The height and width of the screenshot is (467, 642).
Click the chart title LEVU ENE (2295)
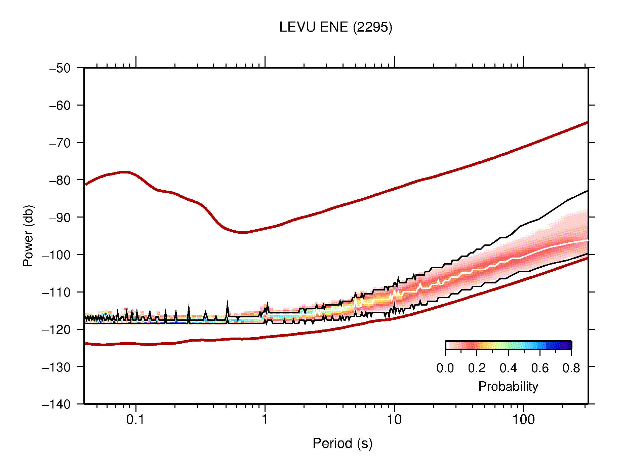click(x=335, y=27)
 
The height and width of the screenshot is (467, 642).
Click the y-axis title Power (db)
click(x=28, y=236)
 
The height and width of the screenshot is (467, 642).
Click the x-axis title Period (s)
click(x=342, y=443)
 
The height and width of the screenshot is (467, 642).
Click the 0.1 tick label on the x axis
click(x=135, y=420)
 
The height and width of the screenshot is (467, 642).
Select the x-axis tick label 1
click(x=265, y=420)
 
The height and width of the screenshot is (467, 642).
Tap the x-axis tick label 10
click(x=394, y=420)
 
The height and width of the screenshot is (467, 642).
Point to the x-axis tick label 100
click(x=523, y=420)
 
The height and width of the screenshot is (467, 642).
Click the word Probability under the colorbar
click(x=508, y=387)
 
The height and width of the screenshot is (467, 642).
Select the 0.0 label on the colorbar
click(x=445, y=368)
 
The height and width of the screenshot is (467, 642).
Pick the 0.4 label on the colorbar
click(x=508, y=368)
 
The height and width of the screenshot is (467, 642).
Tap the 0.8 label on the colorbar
click(x=571, y=368)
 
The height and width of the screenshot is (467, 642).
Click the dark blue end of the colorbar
click(x=568, y=345)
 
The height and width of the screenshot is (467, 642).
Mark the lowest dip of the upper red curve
click(x=243, y=232)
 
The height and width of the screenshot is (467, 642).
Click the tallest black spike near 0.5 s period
click(x=228, y=302)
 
